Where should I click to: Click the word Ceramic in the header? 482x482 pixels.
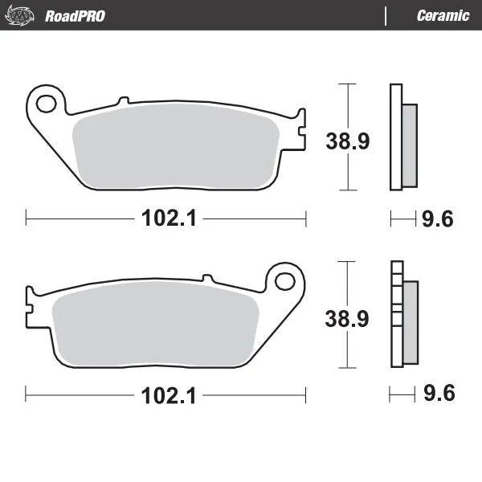point(443,15)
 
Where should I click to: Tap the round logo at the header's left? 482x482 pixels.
point(24,14)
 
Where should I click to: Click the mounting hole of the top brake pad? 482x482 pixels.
point(47,103)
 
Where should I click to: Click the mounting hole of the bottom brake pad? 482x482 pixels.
point(284,281)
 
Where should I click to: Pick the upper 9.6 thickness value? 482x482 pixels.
point(438,217)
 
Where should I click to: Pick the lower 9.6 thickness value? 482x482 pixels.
point(438,394)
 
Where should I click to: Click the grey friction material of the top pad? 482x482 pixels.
point(177,149)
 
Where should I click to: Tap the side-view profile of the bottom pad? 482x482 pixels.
point(403,315)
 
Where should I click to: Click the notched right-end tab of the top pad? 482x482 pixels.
point(300,129)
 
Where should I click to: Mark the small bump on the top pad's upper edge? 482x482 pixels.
point(123,100)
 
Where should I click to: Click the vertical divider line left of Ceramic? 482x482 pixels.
point(386,15)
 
